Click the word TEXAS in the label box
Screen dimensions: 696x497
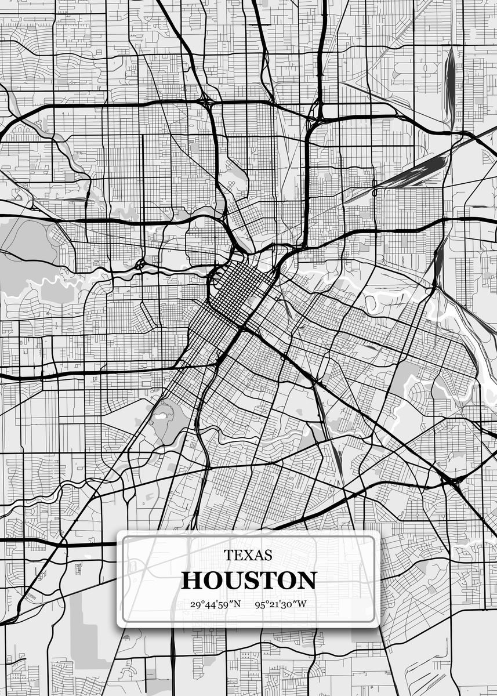click(248, 555)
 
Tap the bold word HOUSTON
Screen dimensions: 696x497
click(249, 580)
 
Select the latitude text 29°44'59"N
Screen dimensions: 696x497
click(215, 604)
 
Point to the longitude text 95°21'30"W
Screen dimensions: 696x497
click(280, 604)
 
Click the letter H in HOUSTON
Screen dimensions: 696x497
click(191, 580)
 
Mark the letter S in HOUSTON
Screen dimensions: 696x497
click(253, 580)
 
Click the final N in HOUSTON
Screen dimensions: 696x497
click(306, 580)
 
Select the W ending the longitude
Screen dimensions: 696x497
click(302, 604)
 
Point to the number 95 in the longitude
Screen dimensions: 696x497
click(260, 604)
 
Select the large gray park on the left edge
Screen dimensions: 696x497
click(23, 244)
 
